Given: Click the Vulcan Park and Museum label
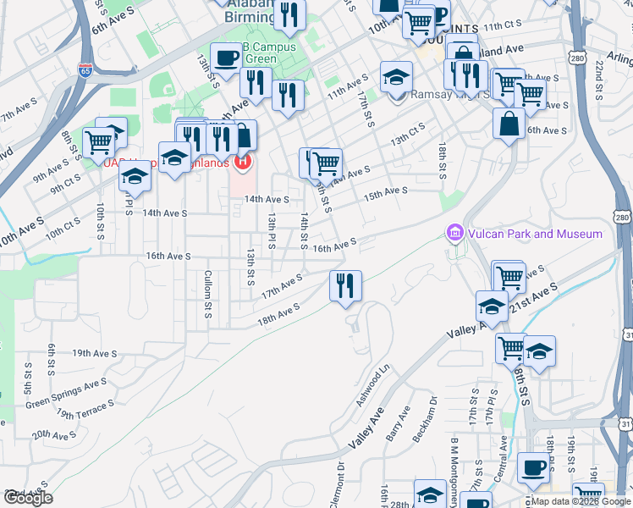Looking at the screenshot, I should (x=534, y=234).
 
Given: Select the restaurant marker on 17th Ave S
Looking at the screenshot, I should (x=345, y=285).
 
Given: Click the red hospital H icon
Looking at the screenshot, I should (x=244, y=159).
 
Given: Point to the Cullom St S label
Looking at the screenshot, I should (x=207, y=295).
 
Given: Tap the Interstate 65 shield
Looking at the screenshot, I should (x=85, y=69).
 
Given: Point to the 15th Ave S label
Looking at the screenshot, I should (x=385, y=194).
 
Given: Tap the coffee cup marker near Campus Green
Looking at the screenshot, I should (x=226, y=58).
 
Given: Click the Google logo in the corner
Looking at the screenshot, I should (x=27, y=498).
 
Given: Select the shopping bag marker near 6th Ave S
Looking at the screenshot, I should (x=509, y=124).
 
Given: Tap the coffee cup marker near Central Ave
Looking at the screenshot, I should (x=532, y=467).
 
